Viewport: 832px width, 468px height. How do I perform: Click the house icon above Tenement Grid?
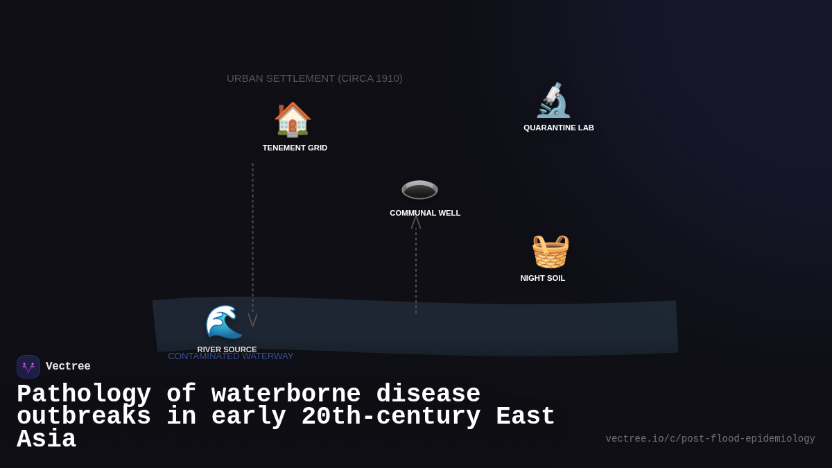293,119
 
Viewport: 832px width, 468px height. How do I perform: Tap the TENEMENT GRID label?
295,148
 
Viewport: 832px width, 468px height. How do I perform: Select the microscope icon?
553,101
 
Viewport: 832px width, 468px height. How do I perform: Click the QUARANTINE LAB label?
559,128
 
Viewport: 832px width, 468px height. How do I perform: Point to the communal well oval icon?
419,189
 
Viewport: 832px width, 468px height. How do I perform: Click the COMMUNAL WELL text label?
425,213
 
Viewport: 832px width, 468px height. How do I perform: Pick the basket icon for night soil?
550,251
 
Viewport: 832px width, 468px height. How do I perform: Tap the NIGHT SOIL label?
543,278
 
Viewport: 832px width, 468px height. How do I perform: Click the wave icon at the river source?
223,322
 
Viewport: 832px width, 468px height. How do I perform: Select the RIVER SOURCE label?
227,349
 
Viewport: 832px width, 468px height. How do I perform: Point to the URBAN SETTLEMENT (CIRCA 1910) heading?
315,78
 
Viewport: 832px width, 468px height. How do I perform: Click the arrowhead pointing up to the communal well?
416,221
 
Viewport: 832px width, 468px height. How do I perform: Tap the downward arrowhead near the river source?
253,320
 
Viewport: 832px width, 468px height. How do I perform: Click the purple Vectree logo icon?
28,367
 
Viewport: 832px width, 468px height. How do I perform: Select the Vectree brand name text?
68,367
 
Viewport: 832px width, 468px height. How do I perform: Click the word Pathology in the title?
84,394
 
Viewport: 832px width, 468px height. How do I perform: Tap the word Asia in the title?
46,440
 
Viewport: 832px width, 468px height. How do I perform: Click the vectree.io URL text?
710,439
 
